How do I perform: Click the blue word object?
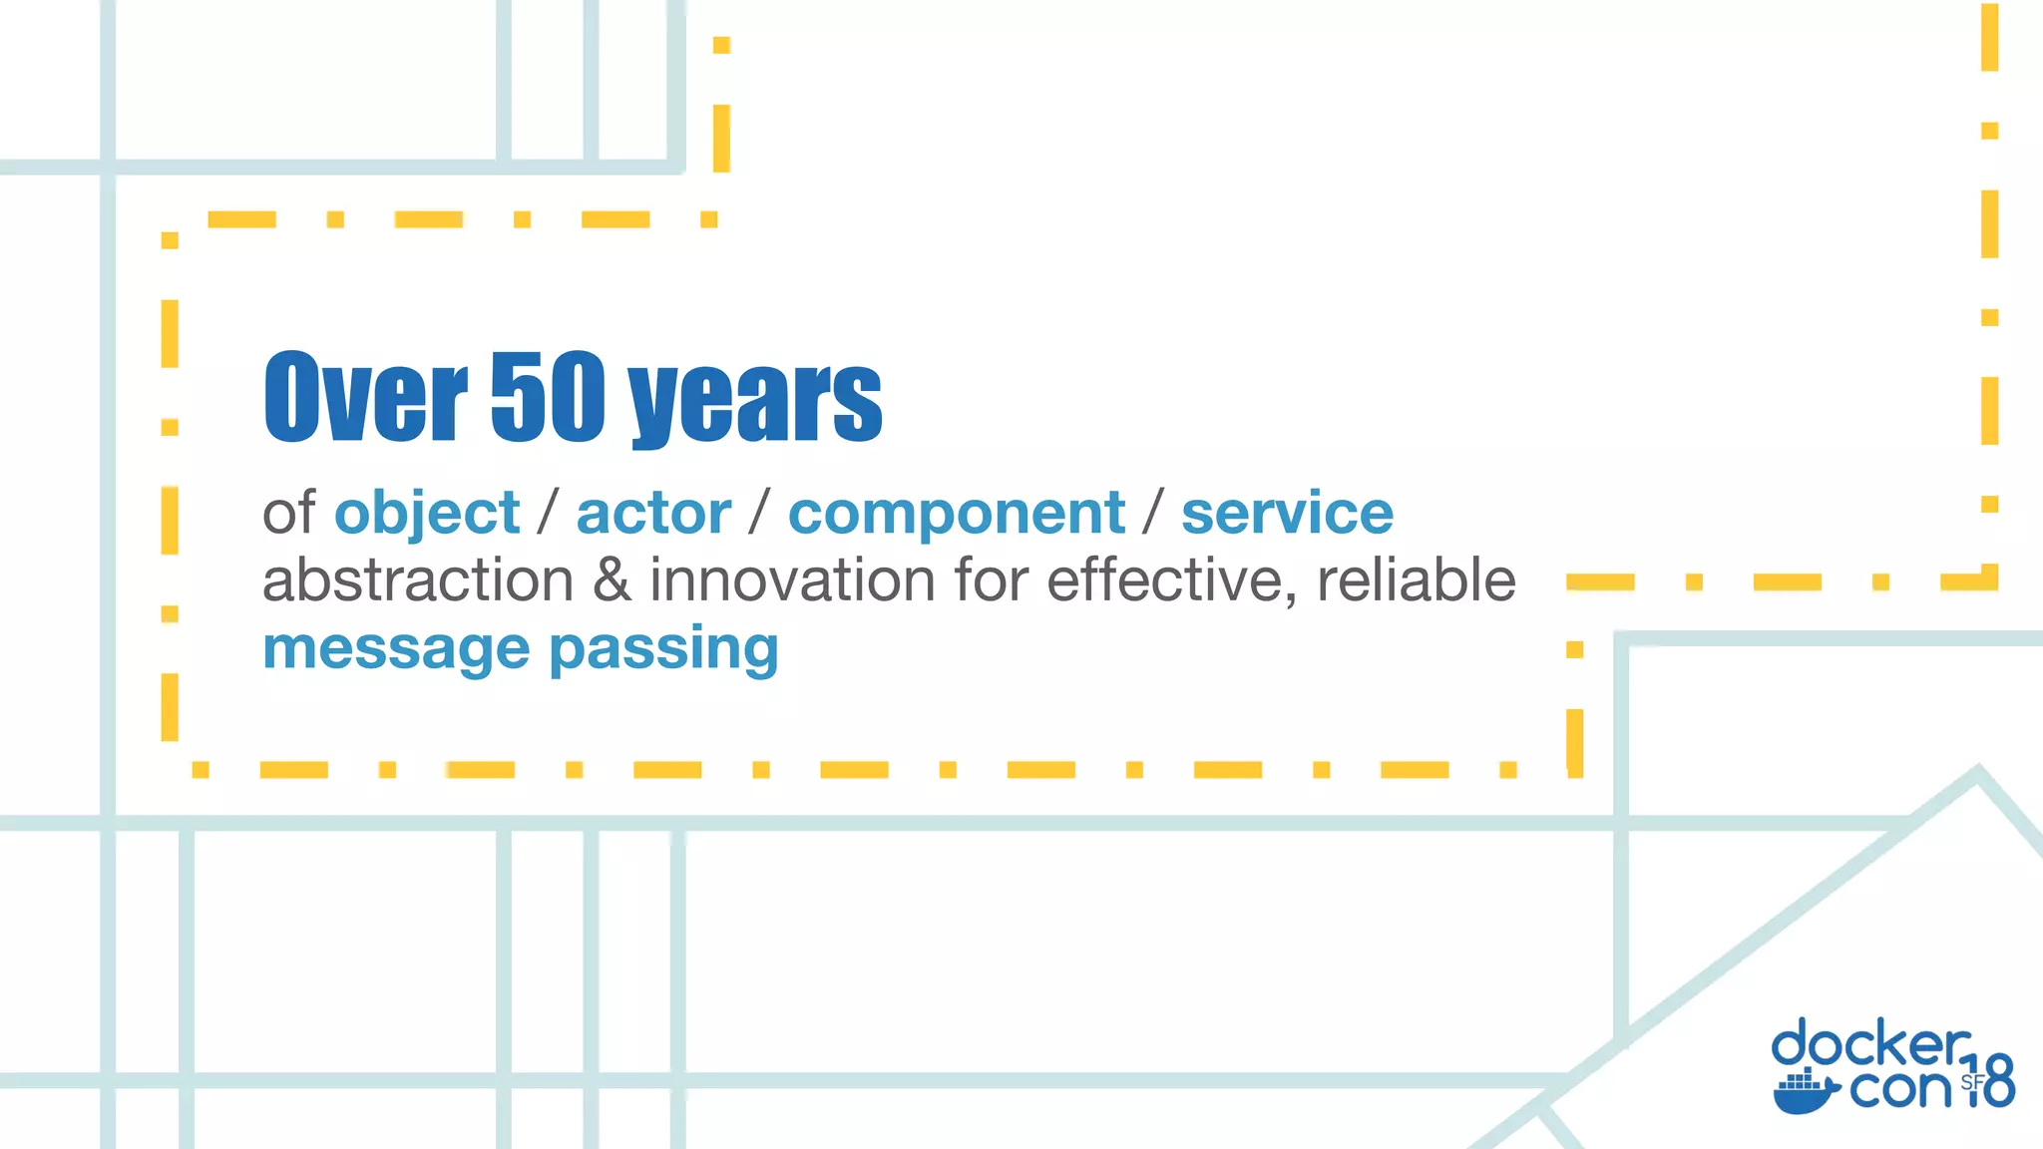coord(427,515)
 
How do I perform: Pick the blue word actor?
coord(653,514)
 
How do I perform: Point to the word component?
coord(957,515)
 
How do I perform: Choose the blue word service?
coord(1287,514)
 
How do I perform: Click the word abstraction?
coord(418,580)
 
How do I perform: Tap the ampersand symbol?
coord(612,580)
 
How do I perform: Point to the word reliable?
coord(1417,580)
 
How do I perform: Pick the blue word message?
coord(396,648)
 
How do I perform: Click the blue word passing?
coord(663,650)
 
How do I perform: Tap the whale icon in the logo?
coord(1805,1092)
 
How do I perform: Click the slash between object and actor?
coord(548,514)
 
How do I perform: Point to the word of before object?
coord(288,514)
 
